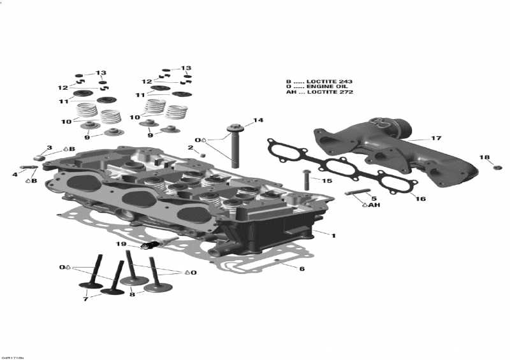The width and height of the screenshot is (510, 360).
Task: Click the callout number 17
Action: [x=436, y=138]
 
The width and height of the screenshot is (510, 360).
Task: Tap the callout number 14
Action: [x=258, y=120]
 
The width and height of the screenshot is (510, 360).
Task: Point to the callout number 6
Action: [x=302, y=269]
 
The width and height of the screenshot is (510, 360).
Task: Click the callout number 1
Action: [x=333, y=235]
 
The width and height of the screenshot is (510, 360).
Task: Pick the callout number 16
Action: [x=420, y=199]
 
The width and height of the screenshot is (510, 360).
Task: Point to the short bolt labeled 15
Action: [x=306, y=178]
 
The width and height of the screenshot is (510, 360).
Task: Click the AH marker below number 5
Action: [x=372, y=205]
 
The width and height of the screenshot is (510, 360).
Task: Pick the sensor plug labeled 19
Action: [x=155, y=245]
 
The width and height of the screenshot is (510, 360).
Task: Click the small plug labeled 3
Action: [x=39, y=157]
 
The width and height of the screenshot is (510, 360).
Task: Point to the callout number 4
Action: [x=15, y=173]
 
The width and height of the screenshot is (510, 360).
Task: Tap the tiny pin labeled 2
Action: [x=203, y=154]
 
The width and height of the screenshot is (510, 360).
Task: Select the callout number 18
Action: [x=484, y=157]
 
